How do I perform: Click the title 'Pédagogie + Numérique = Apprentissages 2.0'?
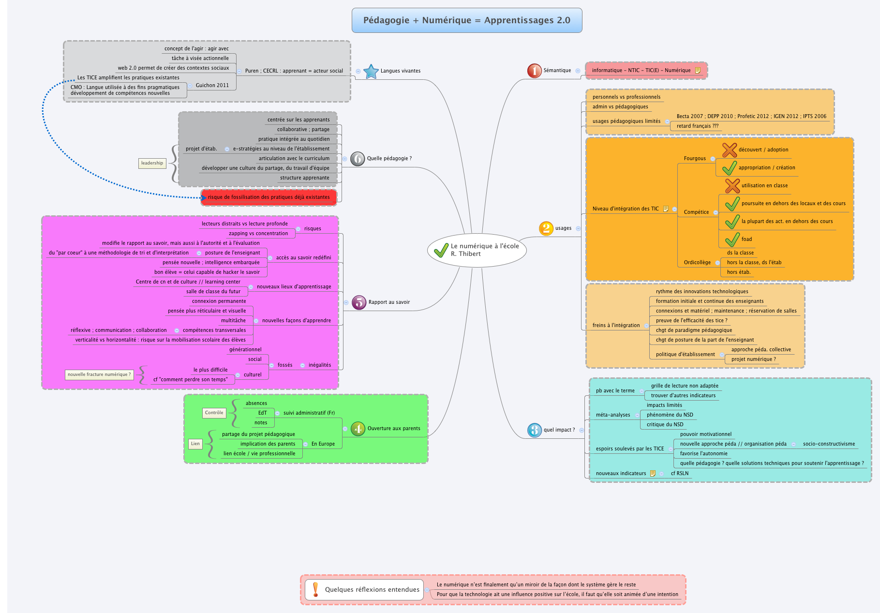point(466,20)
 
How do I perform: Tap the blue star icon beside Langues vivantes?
point(371,71)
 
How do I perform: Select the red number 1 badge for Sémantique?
point(534,71)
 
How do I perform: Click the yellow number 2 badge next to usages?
point(546,228)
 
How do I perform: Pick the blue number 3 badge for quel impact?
point(534,430)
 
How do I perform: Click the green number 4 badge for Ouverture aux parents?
point(358,429)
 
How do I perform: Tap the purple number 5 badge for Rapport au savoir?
point(359,302)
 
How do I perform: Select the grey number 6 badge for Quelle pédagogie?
point(358,159)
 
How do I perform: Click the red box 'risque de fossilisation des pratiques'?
point(269,197)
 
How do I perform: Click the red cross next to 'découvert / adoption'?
point(730,150)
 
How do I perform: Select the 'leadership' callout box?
point(152,163)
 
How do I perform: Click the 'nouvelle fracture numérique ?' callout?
point(99,374)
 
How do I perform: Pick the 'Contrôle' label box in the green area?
point(214,413)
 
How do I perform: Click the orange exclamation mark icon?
point(315,589)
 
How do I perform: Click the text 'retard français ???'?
point(697,126)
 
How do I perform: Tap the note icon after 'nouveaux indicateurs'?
point(653,474)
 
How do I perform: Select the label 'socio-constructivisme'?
point(829,444)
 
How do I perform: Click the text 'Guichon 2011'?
point(212,86)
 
